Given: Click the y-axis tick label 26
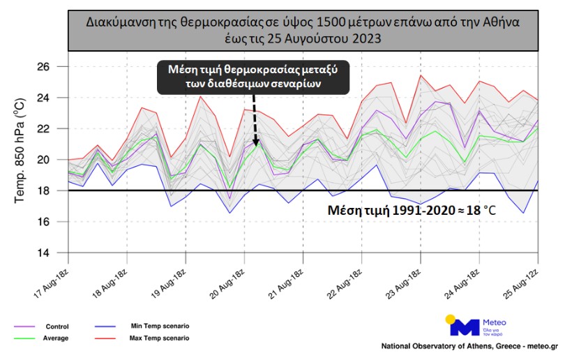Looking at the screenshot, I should [47, 67].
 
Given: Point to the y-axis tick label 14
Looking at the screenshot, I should [47, 253].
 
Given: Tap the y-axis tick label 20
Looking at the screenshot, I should [47, 160].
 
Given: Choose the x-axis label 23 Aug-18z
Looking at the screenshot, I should [405, 280].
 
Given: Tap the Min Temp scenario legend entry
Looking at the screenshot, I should [160, 326].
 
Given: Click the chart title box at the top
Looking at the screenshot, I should [303, 31].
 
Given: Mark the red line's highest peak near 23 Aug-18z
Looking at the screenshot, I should [420, 75].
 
